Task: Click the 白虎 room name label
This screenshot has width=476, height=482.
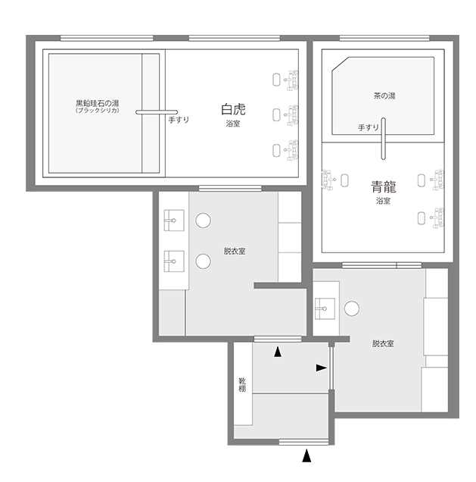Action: [x=233, y=109]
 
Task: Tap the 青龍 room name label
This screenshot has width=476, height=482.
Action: [x=384, y=187]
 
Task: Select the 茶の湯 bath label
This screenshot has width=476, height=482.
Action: [x=384, y=96]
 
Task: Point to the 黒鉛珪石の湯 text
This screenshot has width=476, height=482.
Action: [x=98, y=103]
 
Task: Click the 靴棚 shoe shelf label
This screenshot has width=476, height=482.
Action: [x=242, y=385]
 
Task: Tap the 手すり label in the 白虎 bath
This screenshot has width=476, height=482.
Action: [x=179, y=120]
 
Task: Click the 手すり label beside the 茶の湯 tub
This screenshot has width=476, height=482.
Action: [x=369, y=127]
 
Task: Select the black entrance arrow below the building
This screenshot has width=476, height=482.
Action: [x=306, y=455]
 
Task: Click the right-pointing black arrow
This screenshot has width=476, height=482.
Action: [x=322, y=368]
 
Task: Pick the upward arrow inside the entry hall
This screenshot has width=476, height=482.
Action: [x=278, y=352]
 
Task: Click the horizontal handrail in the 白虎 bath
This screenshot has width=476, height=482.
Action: [x=157, y=112]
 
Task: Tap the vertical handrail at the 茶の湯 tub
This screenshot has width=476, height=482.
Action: [x=383, y=139]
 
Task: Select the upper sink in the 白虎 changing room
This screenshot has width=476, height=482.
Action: [x=174, y=220]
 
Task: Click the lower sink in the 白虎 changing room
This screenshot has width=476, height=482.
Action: [x=174, y=261]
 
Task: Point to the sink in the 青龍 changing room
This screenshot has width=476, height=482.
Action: [x=325, y=308]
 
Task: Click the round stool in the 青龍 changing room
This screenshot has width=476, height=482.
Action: [x=352, y=308]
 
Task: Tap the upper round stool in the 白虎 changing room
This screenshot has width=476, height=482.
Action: [x=203, y=221]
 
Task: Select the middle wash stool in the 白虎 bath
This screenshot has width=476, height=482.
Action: [x=276, y=115]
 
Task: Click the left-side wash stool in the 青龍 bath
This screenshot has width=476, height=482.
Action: [x=344, y=180]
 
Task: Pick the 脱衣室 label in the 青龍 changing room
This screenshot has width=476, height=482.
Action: [x=383, y=343]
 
